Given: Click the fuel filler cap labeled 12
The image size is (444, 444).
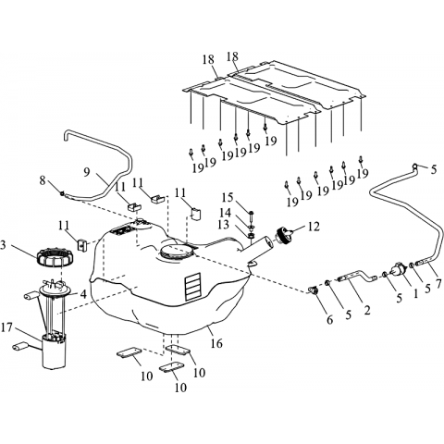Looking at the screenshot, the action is click(283, 235).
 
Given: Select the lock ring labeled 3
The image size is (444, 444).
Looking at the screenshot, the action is click(55, 257).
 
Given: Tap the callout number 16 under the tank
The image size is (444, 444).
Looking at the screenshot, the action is click(216, 342).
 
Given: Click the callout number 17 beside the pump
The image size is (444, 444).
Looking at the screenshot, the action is click(7, 327).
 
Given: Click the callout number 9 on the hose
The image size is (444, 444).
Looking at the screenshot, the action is click(87, 172).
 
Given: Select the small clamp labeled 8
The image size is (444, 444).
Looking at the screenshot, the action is click(62, 193).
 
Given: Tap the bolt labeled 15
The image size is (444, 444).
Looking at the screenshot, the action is click(251, 216).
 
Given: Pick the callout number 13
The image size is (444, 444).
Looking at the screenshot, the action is click(224, 225).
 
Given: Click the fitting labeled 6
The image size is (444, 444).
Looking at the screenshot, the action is click(314, 290).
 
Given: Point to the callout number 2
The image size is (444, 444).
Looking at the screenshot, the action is click(367, 310).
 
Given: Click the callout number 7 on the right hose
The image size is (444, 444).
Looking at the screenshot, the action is click(438, 283).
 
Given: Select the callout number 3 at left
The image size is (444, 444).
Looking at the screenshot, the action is click(3, 247).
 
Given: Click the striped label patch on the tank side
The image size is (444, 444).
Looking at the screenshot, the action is click(192, 286).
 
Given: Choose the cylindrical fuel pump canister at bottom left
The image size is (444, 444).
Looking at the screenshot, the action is click(54, 352).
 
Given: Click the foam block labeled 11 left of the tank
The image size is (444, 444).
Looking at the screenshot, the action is click(81, 245).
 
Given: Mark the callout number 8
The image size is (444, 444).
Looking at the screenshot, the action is click(43, 180).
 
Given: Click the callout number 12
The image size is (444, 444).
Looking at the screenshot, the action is click(314, 227).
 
